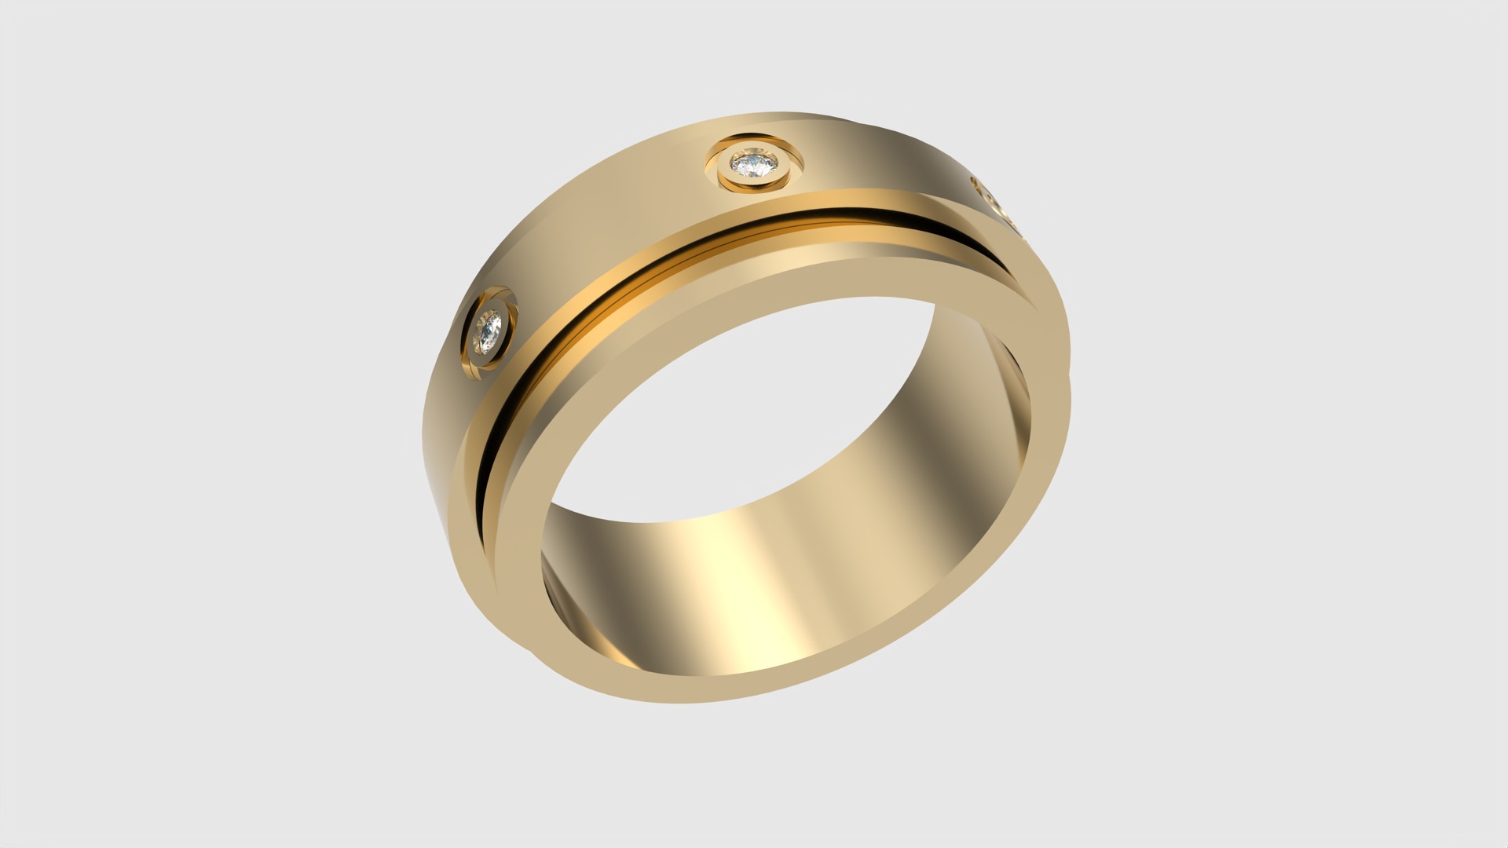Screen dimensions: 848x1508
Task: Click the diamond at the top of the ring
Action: tap(753, 164)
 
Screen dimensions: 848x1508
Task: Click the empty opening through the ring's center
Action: tap(746, 393)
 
